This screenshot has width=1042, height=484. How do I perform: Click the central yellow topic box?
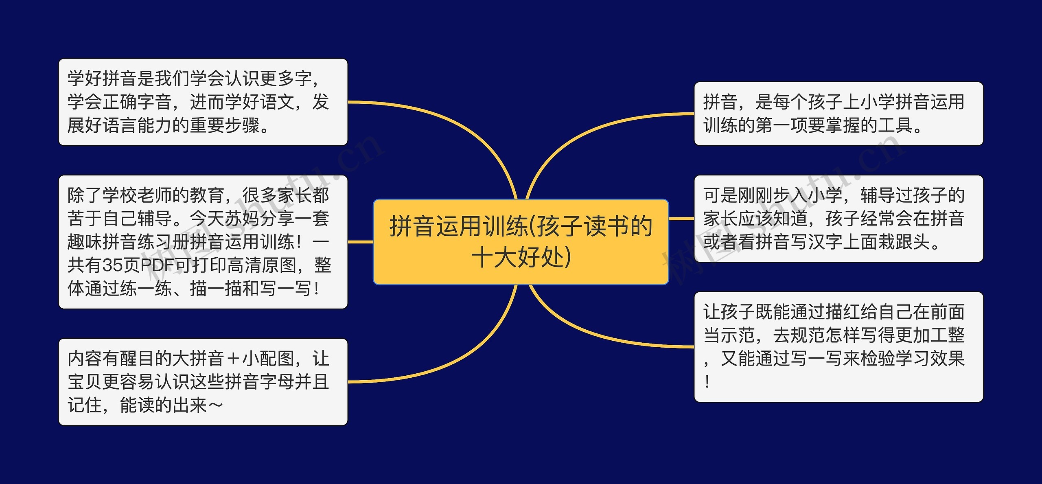click(521, 242)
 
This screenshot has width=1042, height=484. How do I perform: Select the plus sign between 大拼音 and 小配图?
click(233, 359)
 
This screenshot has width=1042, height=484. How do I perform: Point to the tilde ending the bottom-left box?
click(215, 405)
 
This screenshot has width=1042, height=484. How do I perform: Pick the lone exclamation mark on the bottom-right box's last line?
click(707, 382)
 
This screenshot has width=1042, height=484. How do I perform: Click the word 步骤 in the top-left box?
click(242, 125)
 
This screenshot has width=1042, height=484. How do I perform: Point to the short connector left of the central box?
click(360, 242)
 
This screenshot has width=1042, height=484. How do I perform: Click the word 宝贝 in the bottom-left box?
click(85, 382)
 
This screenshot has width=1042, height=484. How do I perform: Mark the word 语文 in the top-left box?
click(277, 102)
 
